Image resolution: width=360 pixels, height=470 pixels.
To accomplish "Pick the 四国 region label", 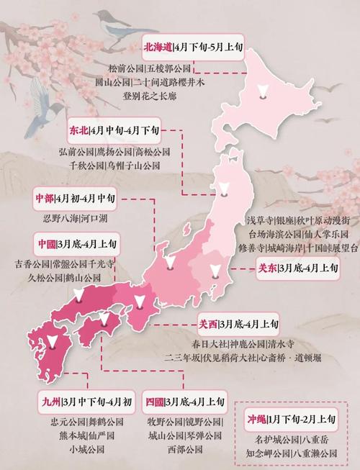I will pos(154,400).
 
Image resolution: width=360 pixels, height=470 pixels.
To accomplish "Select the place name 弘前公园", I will pos(77,152).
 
